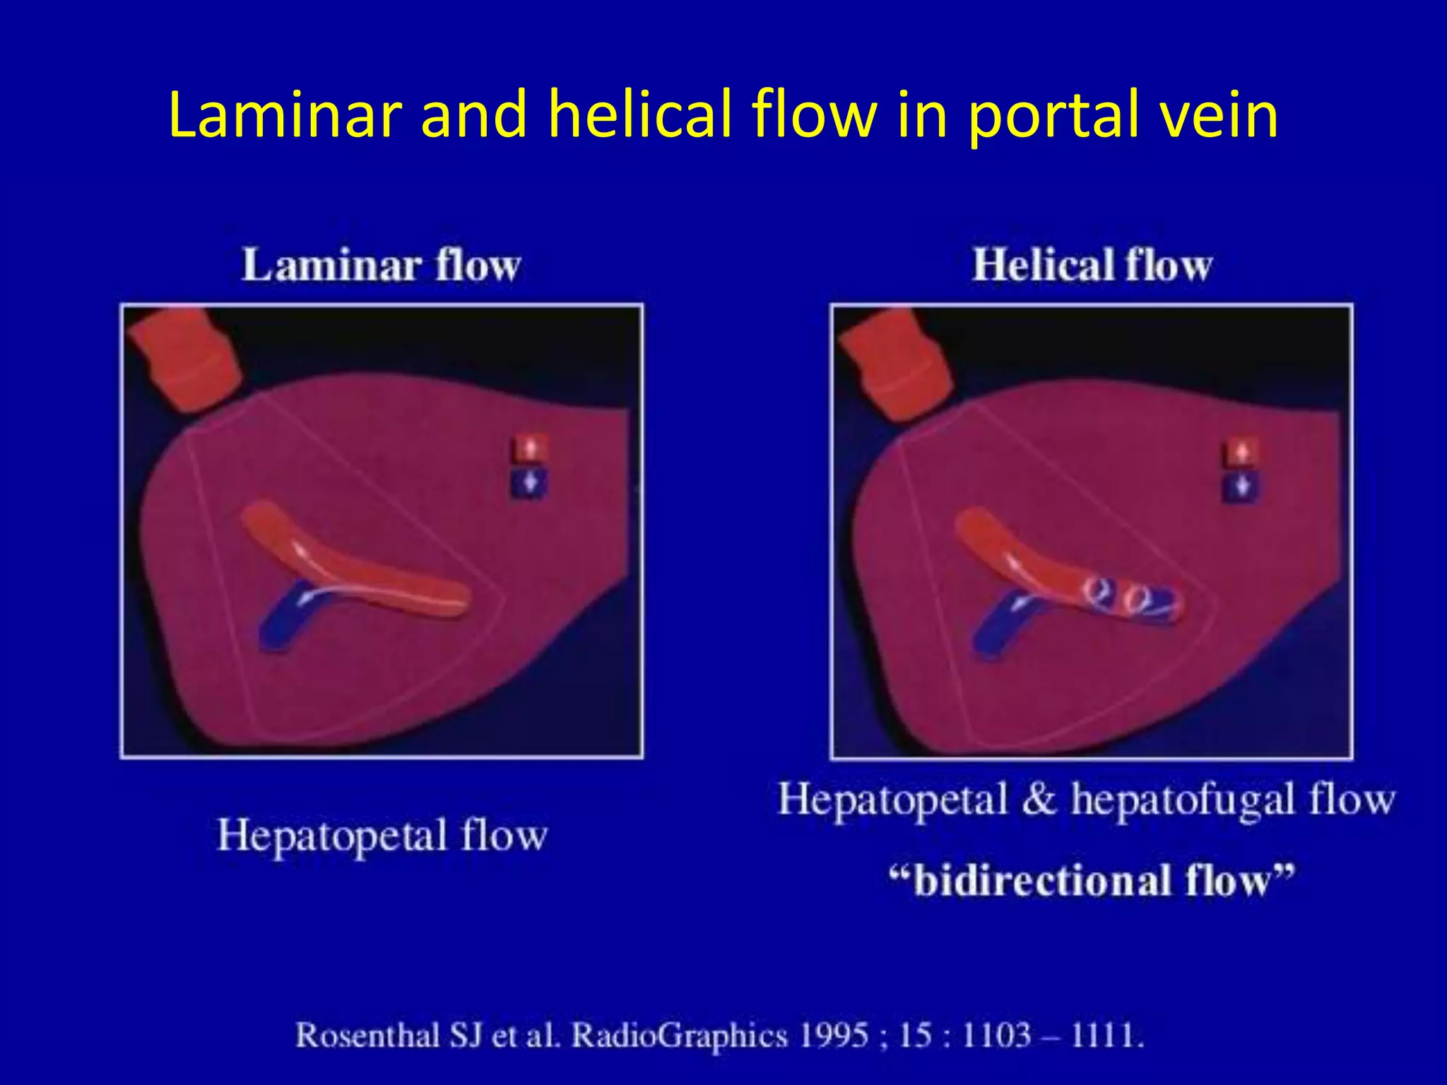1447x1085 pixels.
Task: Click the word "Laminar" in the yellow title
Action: point(285,114)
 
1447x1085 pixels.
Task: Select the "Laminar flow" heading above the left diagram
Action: point(381,266)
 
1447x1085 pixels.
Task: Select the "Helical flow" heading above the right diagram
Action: point(1092,266)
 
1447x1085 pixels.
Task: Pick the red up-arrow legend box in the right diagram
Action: point(1241,451)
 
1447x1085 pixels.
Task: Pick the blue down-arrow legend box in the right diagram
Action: point(1241,487)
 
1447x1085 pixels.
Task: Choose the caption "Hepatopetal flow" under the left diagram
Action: point(382,836)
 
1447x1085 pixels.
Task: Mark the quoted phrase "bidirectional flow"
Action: point(1092,881)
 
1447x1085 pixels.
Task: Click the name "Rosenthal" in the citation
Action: point(367,1036)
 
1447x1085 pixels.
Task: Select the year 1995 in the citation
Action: point(834,1036)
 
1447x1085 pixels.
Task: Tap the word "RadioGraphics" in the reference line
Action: point(679,1036)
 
